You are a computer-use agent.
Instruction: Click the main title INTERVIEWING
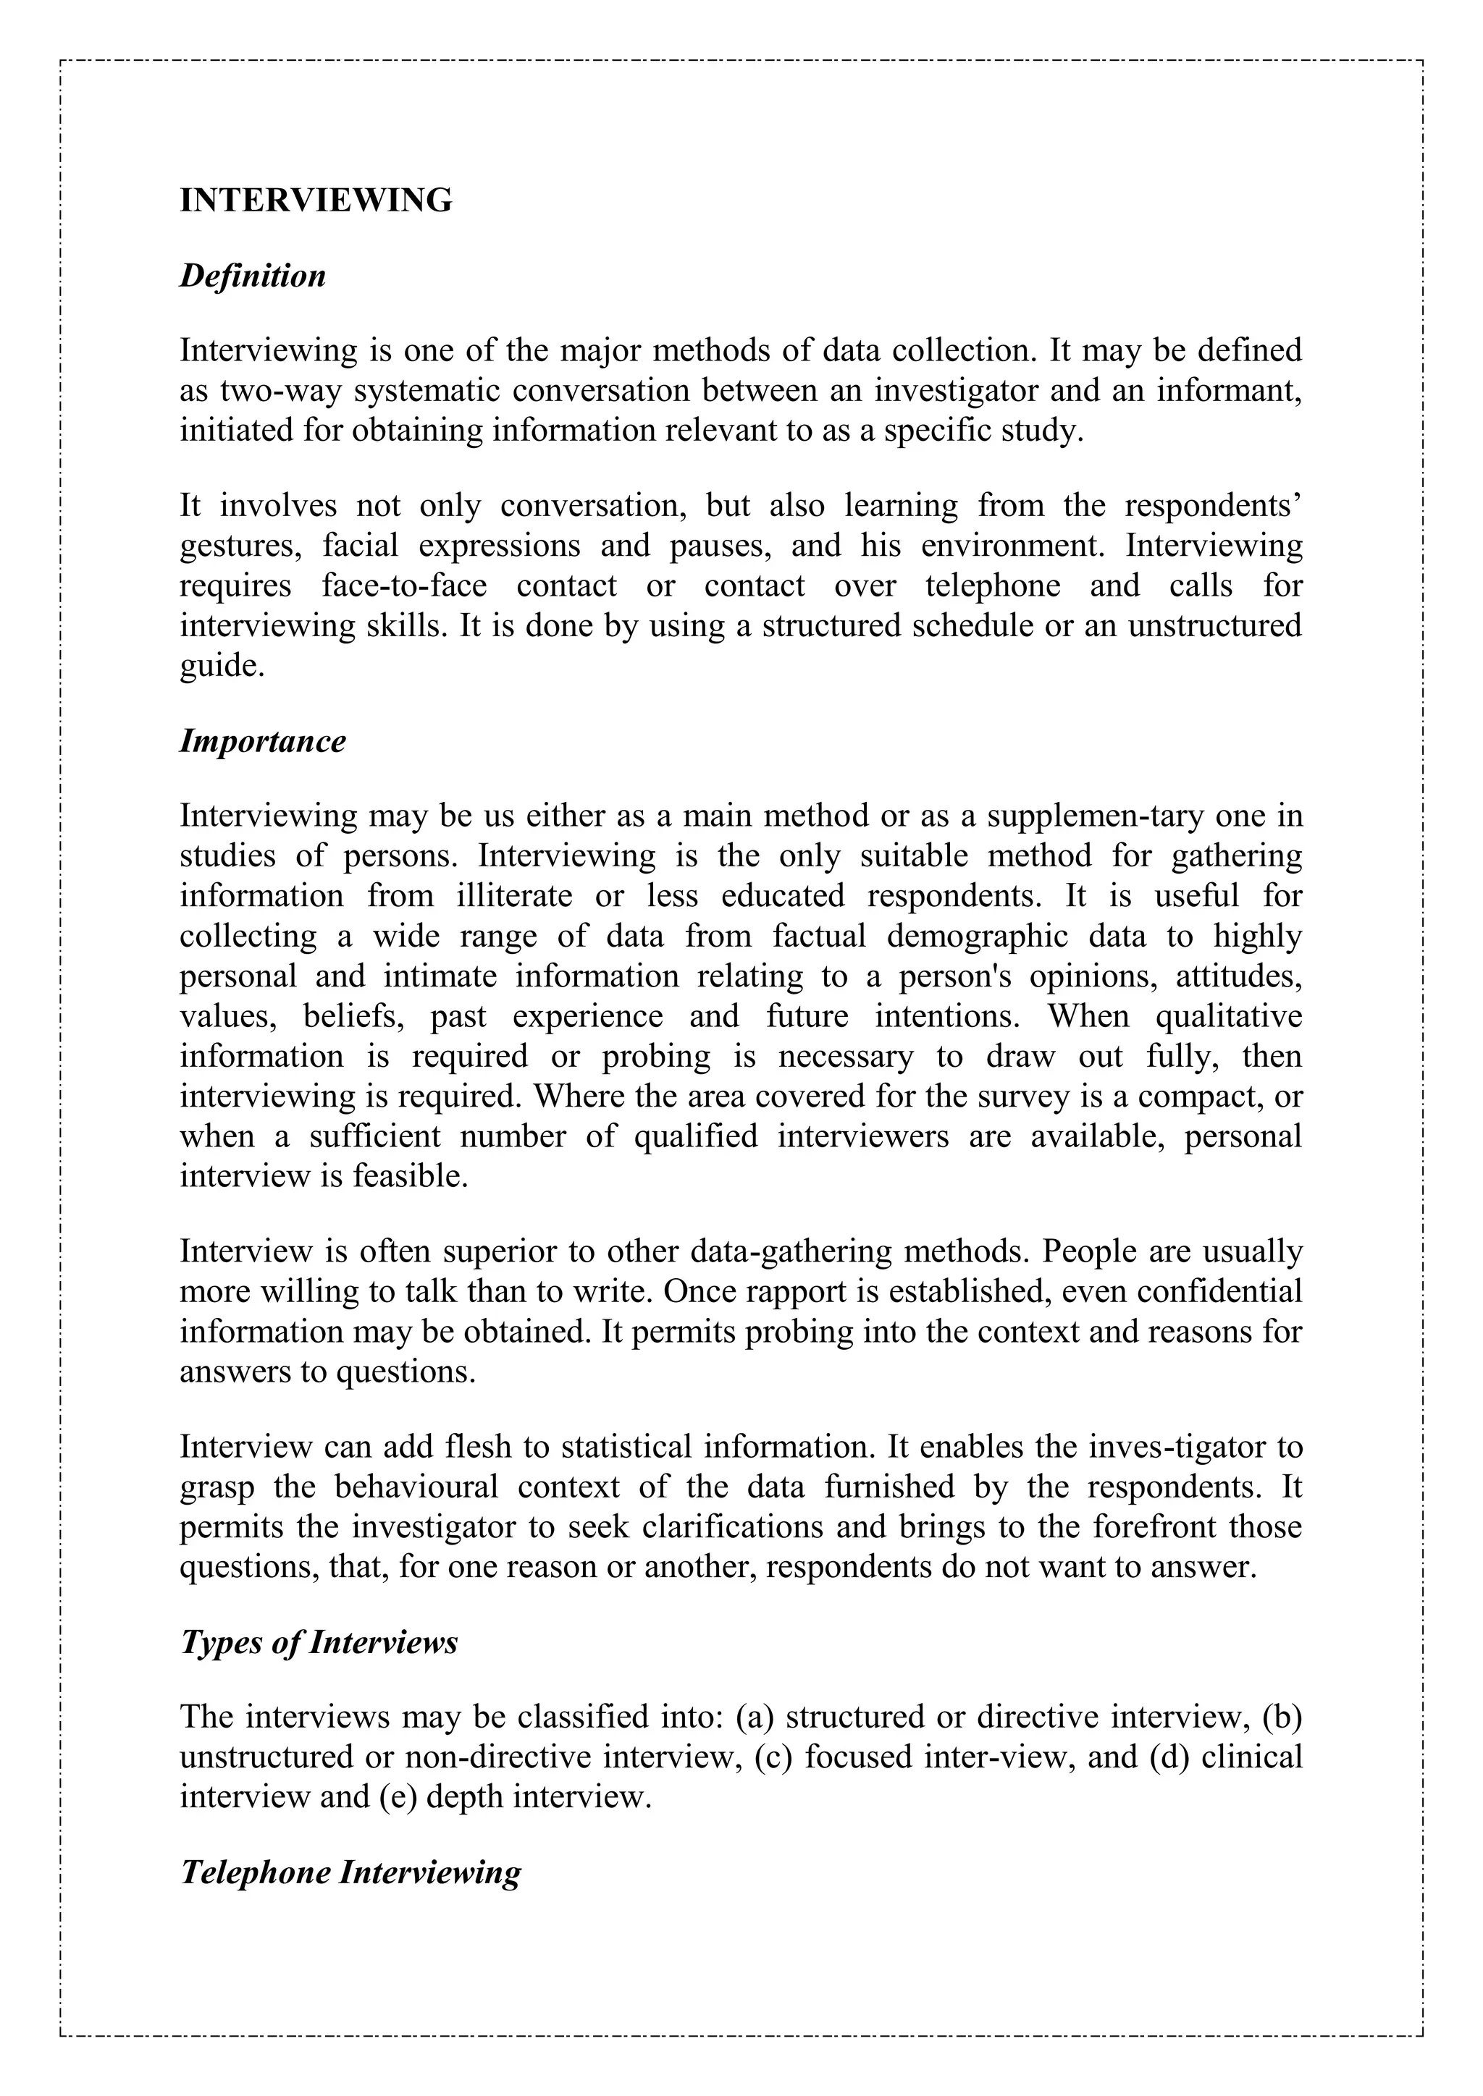pyautogui.click(x=316, y=200)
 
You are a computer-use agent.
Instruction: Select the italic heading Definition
pyautogui.click(x=253, y=275)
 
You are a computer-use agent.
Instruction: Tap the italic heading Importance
pyautogui.click(x=263, y=740)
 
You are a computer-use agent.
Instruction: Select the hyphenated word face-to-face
pyautogui.click(x=405, y=586)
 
